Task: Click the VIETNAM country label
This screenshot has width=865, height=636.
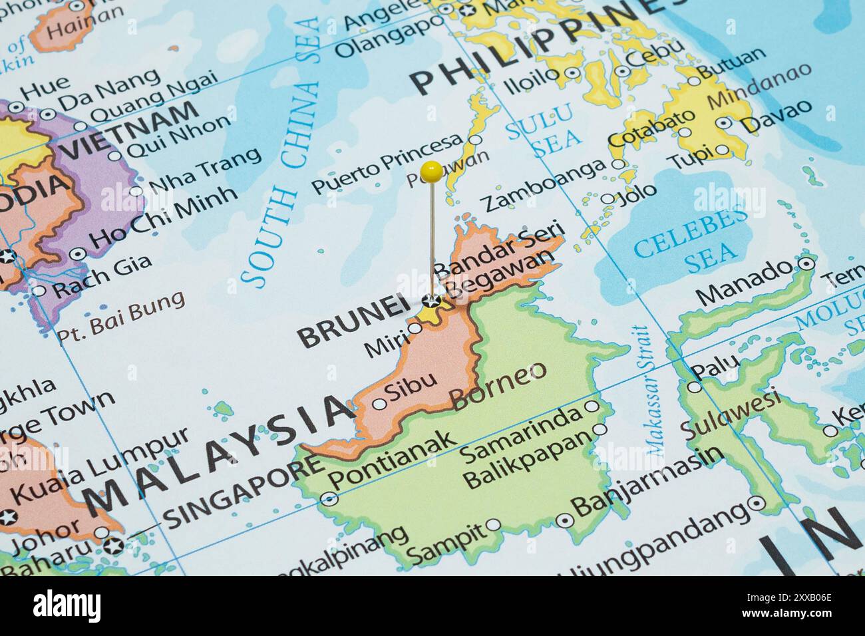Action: pyautogui.click(x=130, y=130)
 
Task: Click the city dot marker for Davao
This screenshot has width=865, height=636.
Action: pyautogui.click(x=724, y=124)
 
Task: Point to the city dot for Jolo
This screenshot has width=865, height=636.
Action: pyautogui.click(x=607, y=199)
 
